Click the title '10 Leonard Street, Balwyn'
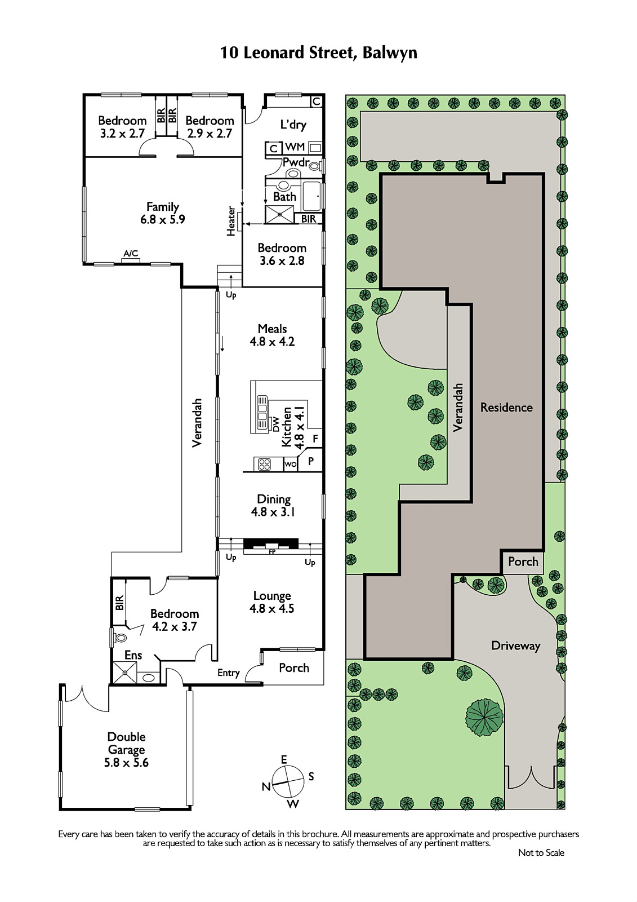(318, 53)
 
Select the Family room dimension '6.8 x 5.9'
(163, 219)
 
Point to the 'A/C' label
(131, 253)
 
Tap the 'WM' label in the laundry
(295, 147)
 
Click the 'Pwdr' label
(296, 163)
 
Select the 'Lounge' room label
(272, 596)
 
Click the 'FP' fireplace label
(272, 552)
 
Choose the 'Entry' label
(229, 673)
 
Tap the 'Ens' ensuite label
(133, 655)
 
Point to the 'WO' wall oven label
(291, 465)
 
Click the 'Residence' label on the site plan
(506, 408)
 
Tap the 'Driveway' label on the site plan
(515, 646)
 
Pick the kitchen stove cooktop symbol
(264, 465)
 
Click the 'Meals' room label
(273, 329)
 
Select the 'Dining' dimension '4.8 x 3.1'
(274, 512)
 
